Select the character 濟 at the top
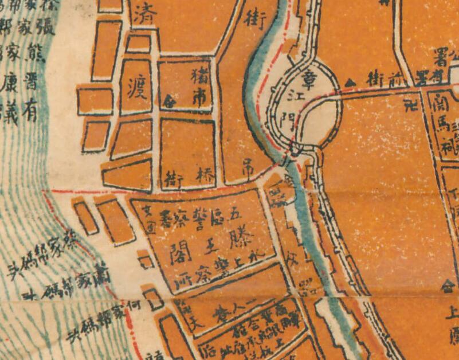coord(140,17)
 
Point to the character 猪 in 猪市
coord(202,75)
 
